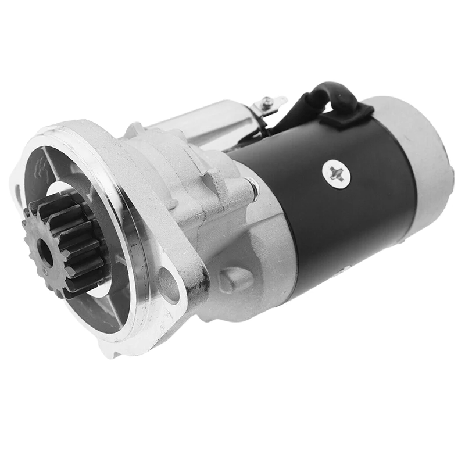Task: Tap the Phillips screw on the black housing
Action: click(x=335, y=173)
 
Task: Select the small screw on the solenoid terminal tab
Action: click(x=267, y=105)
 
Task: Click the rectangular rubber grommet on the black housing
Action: click(x=346, y=117)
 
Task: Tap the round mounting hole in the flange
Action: click(x=169, y=285)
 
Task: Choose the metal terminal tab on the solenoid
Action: click(x=274, y=103)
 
